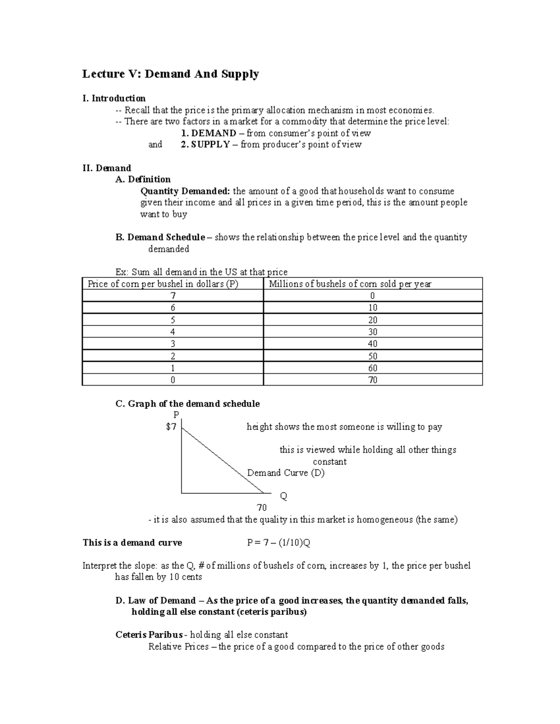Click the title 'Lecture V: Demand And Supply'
(x=170, y=74)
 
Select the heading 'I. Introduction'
(x=114, y=98)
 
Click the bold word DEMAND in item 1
(x=214, y=133)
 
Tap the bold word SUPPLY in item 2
(x=210, y=145)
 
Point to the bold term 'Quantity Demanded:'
(x=185, y=191)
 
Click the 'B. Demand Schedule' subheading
(x=160, y=237)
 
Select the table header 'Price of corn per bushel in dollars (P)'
(x=163, y=284)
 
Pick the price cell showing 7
(x=173, y=296)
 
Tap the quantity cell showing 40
(x=372, y=344)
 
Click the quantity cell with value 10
(x=372, y=308)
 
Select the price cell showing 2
(x=173, y=356)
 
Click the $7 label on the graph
(x=171, y=427)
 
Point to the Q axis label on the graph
(x=283, y=496)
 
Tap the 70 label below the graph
(x=261, y=508)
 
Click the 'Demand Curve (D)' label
(x=286, y=473)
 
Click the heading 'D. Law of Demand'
(x=155, y=600)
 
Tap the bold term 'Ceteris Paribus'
(x=149, y=635)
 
